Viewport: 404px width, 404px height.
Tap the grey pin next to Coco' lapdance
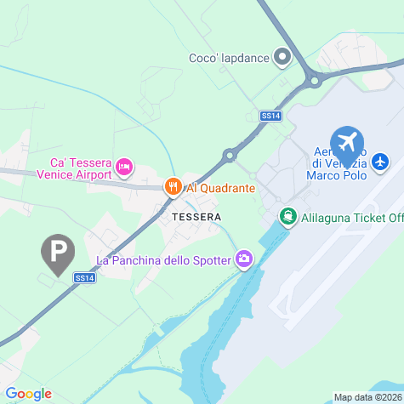pos(282,58)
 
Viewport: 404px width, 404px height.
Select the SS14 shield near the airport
pos(270,115)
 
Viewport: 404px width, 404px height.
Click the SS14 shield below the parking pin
pos(83,277)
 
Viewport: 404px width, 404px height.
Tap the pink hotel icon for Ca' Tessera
pos(124,166)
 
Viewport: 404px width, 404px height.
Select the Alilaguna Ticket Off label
pos(349,218)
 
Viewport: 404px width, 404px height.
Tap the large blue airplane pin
pos(346,141)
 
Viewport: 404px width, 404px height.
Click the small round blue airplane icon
pos(380,160)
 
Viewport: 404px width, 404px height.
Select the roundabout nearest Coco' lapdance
pos(314,82)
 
